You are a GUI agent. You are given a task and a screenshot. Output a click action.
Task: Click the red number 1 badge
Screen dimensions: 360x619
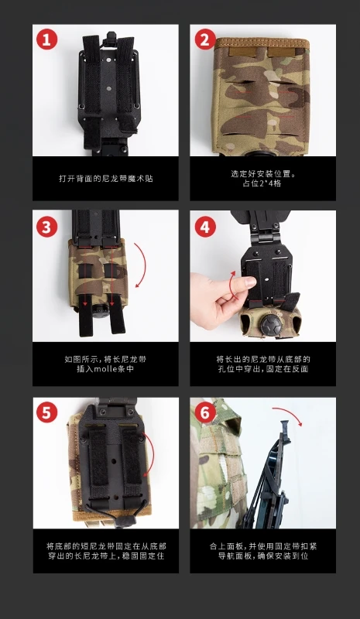[x=46, y=39]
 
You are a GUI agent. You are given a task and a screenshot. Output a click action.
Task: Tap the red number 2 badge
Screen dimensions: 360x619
[x=205, y=39]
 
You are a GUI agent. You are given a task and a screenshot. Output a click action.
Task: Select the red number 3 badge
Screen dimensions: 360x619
[x=46, y=227]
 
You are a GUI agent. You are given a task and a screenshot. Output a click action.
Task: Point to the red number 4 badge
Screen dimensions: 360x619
[x=205, y=227]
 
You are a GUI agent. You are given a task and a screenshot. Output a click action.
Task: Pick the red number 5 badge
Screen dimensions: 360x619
[x=46, y=413]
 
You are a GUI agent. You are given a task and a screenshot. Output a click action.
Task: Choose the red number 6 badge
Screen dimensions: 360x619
[x=205, y=413]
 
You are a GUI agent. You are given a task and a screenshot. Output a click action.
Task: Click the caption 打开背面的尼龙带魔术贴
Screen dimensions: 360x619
[x=105, y=179]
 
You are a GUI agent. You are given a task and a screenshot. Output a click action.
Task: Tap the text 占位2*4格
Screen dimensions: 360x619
[x=262, y=183]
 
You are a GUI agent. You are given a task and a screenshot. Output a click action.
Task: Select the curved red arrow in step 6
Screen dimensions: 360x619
[x=289, y=414]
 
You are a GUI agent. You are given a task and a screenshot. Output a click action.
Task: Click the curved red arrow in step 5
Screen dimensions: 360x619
[x=153, y=454]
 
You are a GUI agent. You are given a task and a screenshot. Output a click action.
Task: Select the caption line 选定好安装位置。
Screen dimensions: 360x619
[x=262, y=173]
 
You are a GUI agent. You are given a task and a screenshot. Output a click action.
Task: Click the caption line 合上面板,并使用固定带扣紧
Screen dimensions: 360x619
[x=263, y=546]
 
